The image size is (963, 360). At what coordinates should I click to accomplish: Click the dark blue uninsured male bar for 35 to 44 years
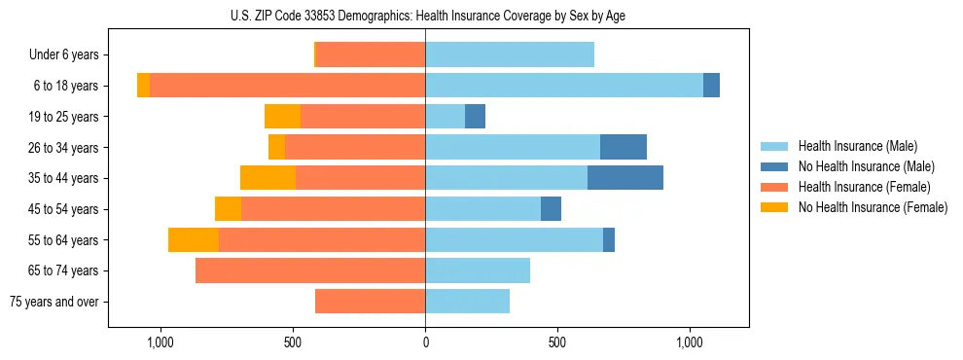click(624, 178)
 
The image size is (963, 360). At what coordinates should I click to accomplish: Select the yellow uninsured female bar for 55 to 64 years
click(193, 239)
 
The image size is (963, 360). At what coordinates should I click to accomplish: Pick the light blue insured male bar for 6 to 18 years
click(564, 86)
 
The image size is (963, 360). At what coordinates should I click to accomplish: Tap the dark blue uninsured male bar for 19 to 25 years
click(475, 117)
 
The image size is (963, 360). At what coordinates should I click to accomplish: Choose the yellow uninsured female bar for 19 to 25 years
click(282, 117)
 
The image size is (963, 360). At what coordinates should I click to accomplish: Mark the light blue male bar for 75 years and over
click(467, 302)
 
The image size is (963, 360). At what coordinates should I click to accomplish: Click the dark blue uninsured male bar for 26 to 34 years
click(623, 147)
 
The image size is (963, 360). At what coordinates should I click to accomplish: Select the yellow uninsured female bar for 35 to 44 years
click(267, 178)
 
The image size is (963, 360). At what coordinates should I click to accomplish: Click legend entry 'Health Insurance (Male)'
click(858, 146)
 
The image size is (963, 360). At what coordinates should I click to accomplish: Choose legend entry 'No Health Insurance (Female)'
click(873, 207)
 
